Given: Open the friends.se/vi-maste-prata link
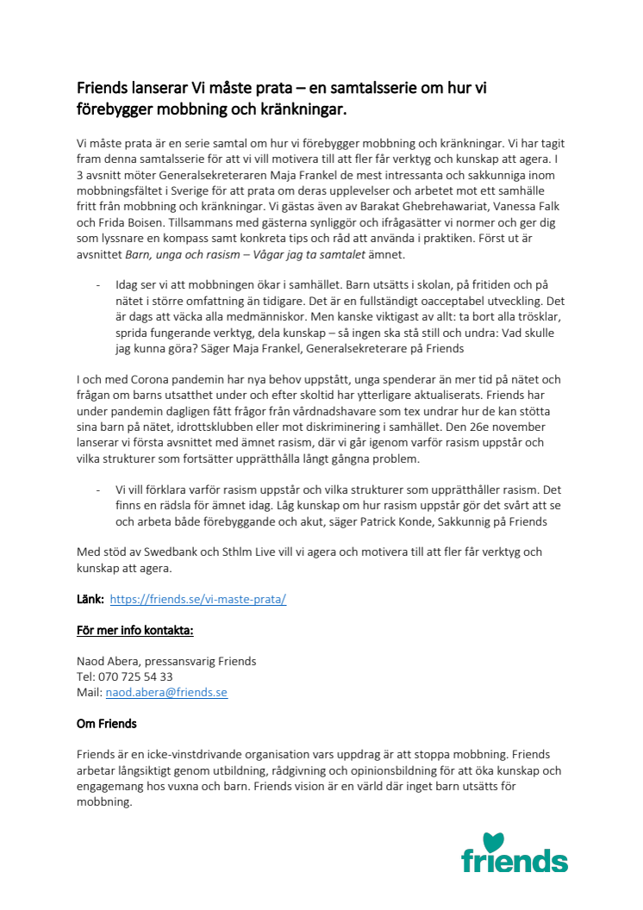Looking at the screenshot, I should (x=197, y=599).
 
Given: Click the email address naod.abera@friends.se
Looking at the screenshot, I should (x=166, y=692).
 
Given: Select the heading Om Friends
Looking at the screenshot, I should (x=107, y=723).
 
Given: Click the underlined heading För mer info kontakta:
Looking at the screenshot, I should (x=135, y=630).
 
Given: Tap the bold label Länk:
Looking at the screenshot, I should (x=91, y=599).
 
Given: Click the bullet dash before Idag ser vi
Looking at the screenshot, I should (x=97, y=285).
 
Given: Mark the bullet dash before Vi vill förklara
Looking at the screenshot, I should (x=97, y=490).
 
